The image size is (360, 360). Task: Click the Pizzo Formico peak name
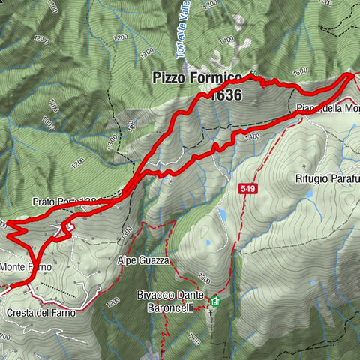(x=197, y=77)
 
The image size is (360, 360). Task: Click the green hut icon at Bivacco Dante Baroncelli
(x=216, y=302)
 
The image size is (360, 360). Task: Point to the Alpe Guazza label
(x=142, y=259)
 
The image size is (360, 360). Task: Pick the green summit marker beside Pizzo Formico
(x=253, y=73)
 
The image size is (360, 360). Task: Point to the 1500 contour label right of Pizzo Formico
(x=300, y=71)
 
